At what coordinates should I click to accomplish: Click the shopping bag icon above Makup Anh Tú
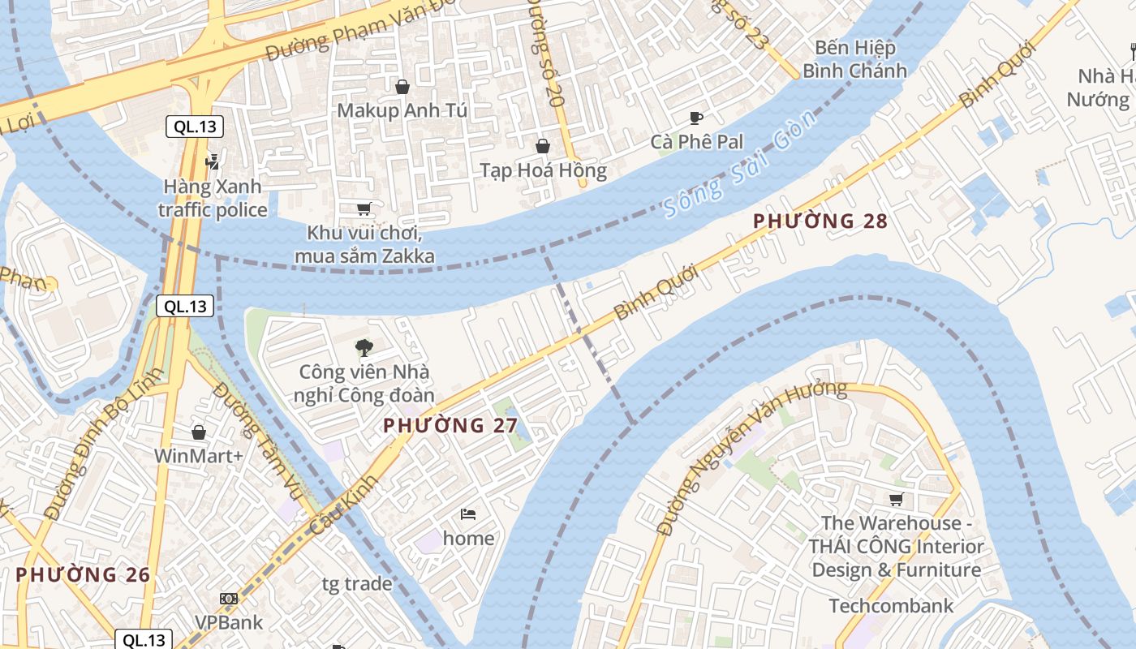point(402,86)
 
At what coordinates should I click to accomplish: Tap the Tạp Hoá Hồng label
point(543,170)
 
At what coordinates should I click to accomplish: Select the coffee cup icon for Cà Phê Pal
point(696,118)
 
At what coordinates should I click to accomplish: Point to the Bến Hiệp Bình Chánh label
point(854,59)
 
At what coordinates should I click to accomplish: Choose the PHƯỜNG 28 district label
point(820,221)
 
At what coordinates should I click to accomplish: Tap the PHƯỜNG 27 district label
point(450,425)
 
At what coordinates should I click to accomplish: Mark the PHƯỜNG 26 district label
point(83,575)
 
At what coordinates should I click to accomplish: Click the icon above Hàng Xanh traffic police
point(213,161)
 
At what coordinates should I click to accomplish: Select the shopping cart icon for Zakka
point(364,209)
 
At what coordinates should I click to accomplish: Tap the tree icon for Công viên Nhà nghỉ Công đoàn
point(364,348)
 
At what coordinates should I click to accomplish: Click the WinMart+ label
point(199,456)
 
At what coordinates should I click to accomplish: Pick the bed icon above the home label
point(468,514)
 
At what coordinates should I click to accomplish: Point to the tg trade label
point(357,584)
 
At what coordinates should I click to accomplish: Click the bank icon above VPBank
point(229,599)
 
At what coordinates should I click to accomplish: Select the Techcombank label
point(891,606)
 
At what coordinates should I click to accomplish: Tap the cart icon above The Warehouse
point(896,500)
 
